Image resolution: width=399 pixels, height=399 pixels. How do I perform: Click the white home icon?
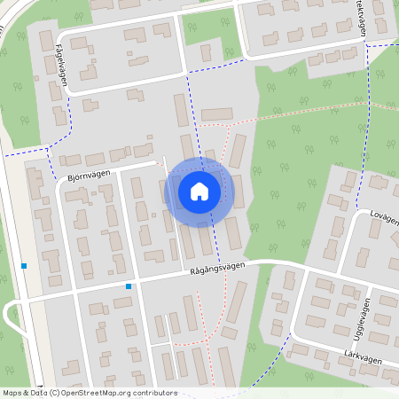click(x=199, y=192)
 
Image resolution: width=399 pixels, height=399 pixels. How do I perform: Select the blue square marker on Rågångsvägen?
click(x=129, y=286)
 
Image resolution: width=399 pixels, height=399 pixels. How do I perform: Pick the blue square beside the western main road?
click(x=24, y=266)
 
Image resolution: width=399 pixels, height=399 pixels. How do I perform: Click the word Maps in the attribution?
click(x=13, y=393)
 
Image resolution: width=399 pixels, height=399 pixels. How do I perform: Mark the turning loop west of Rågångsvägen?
click(x=12, y=315)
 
